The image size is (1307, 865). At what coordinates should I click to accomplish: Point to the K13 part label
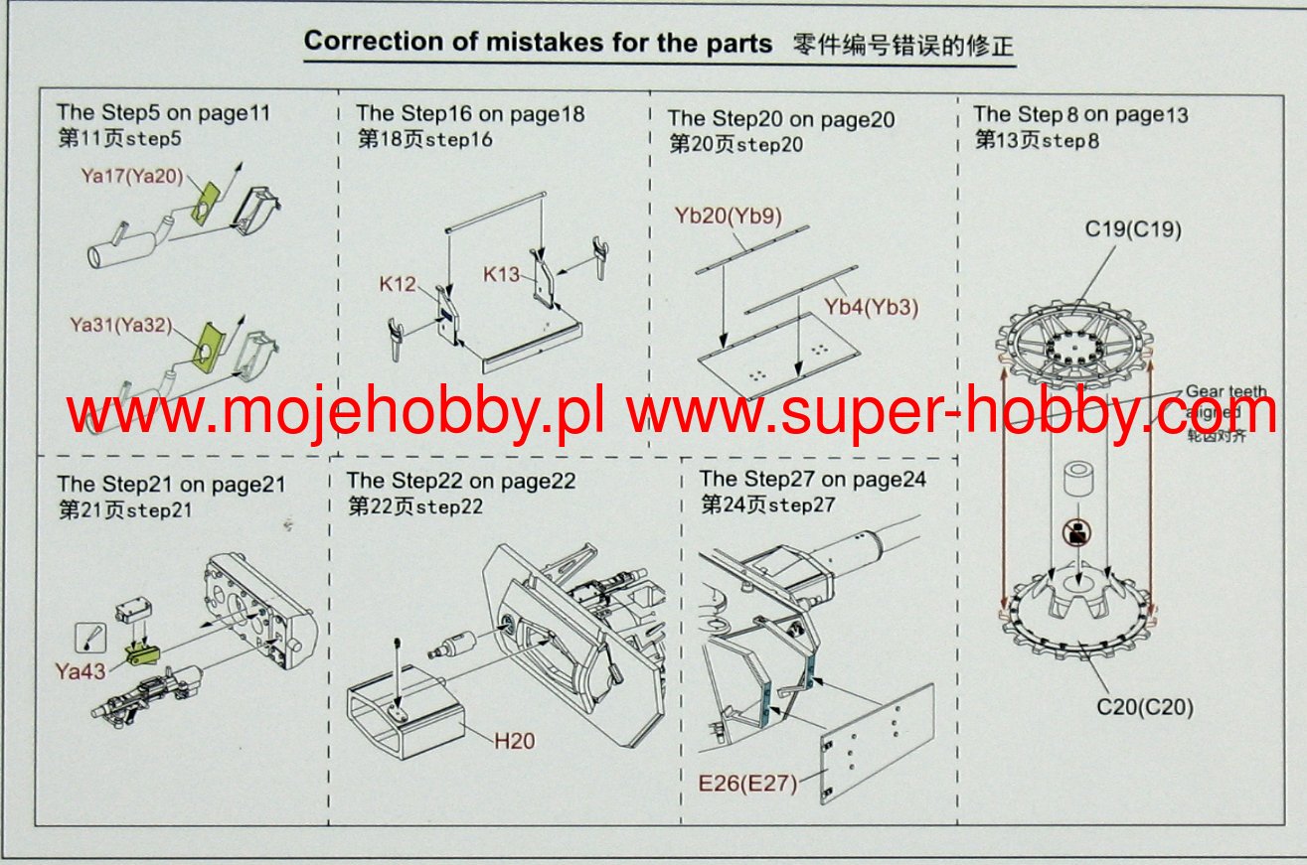click(502, 273)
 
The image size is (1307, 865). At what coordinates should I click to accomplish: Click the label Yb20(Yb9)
click(730, 215)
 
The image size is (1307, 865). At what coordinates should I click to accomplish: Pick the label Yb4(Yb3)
click(871, 307)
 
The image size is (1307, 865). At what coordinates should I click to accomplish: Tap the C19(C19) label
click(1133, 230)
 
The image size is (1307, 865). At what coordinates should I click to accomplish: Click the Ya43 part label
click(82, 671)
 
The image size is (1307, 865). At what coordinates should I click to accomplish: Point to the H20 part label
click(514, 740)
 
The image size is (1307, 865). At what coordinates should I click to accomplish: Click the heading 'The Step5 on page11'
click(162, 113)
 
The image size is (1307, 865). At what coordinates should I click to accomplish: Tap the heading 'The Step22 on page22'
click(460, 482)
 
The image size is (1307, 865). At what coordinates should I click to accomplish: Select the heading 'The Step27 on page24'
click(812, 479)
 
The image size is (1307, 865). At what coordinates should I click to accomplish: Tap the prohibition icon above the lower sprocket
click(1076, 532)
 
